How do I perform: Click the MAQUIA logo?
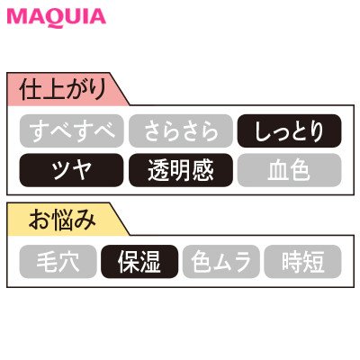click(x=56, y=18)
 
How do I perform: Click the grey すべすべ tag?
click(x=72, y=130)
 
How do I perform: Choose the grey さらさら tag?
click(x=181, y=130)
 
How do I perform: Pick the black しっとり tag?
click(x=289, y=130)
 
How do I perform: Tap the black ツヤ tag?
click(x=72, y=170)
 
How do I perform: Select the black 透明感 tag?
click(x=181, y=170)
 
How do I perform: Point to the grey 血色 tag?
click(x=289, y=170)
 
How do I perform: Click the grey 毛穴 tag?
click(x=58, y=262)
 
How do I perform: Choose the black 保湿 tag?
click(x=139, y=262)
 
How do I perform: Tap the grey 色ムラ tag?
click(x=221, y=262)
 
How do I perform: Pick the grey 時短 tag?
click(x=302, y=262)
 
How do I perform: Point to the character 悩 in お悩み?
click(x=62, y=220)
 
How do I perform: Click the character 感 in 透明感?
click(x=203, y=170)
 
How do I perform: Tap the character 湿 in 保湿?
click(x=150, y=262)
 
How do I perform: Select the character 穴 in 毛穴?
click(x=69, y=262)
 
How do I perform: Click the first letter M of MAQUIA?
click(x=15, y=17)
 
